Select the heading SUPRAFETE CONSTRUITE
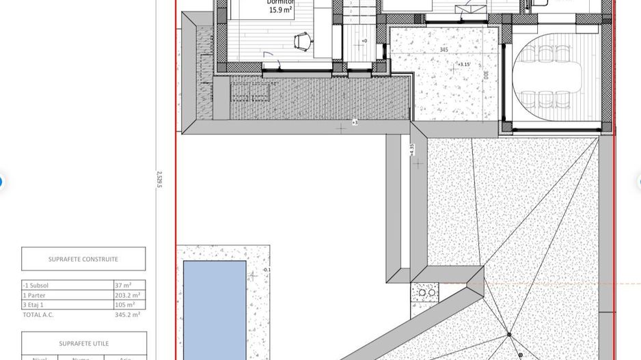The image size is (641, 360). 83,259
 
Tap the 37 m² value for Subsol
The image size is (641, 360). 123,285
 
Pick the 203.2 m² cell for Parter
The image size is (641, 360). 128,295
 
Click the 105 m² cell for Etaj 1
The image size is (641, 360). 125,305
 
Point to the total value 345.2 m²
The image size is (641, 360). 128,315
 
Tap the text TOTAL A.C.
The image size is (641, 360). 38,315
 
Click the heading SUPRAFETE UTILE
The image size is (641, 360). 83,344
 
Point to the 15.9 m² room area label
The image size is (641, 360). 281,10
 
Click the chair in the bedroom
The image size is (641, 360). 301,43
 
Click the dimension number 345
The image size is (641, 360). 444,50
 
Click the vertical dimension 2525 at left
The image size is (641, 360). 159,180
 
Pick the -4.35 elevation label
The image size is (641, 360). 411,150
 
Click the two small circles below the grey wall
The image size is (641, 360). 427,292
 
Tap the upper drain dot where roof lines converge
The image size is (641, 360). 508,335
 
